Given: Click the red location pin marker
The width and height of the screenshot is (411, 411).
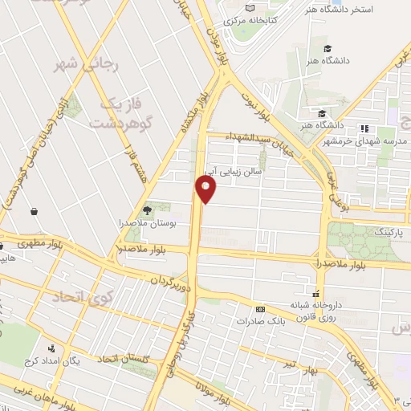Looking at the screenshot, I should pyautogui.click(x=206, y=190).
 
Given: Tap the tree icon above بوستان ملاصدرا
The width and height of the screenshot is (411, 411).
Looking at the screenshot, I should pyautogui.click(x=148, y=210).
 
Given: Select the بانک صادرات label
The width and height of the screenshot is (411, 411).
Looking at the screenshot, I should pyautogui.click(x=261, y=320).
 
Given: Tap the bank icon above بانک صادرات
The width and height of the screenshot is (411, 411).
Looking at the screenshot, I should pyautogui.click(x=260, y=308).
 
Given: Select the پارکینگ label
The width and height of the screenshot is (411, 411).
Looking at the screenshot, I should pyautogui.click(x=370, y=233).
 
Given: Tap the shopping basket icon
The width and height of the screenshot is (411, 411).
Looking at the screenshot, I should pyautogui.click(x=35, y=213).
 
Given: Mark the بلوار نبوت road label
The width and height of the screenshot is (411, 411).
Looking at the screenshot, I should pyautogui.click(x=262, y=107).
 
